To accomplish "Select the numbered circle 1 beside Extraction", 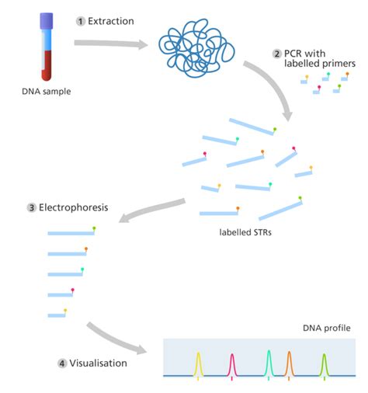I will (x=79, y=21).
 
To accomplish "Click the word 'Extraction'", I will (x=112, y=21).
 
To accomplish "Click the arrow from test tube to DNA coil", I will (x=109, y=43).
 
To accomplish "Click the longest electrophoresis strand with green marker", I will (x=71, y=232).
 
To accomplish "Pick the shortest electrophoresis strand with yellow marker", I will (x=56, y=314).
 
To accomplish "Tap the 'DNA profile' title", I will (x=326, y=329).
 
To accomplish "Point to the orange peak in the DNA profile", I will (x=289, y=362).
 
